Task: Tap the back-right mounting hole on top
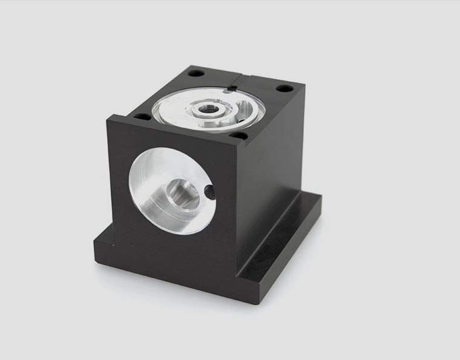pos(284,88)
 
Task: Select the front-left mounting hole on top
pos(142,116)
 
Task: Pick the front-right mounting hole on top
pos(239,136)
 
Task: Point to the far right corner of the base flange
pos(321,197)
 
